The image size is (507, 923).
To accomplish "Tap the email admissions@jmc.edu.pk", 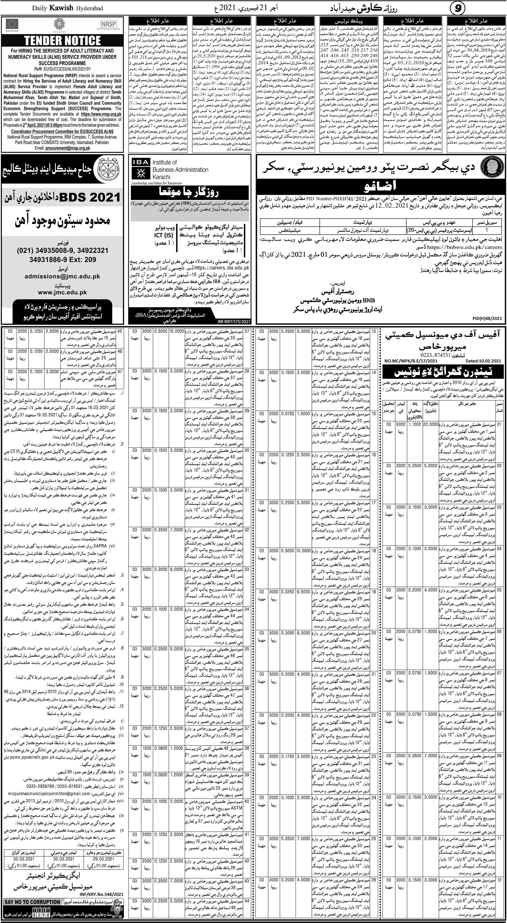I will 62,276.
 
